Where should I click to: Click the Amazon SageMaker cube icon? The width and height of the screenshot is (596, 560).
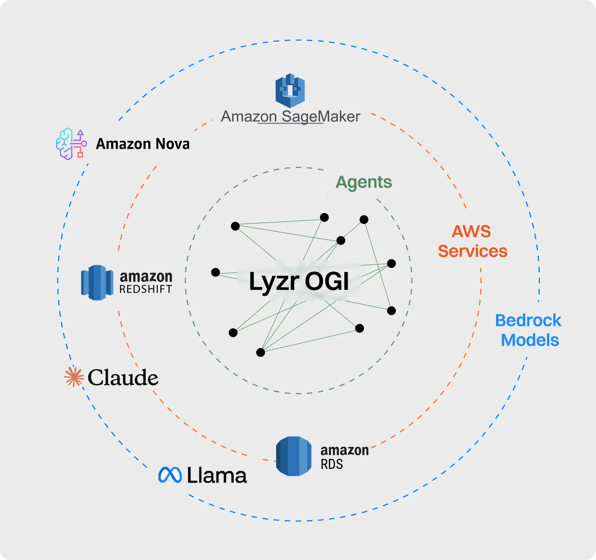coord(290,90)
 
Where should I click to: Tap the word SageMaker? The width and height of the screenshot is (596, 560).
coord(321,117)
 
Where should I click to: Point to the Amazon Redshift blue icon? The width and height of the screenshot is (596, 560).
coord(97,282)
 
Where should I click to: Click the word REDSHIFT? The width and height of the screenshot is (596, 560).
coord(146,289)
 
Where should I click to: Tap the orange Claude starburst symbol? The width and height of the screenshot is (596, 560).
coord(74,377)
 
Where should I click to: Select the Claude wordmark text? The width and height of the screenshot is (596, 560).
coord(123,378)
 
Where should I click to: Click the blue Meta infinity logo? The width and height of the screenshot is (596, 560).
coord(170,475)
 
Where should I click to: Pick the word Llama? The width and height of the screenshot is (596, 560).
coord(217,475)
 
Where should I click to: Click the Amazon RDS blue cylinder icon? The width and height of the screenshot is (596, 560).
coord(294,456)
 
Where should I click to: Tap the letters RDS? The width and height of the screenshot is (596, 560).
coord(332,464)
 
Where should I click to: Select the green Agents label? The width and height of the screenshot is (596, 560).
coord(363,182)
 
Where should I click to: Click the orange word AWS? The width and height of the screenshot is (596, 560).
coord(471,231)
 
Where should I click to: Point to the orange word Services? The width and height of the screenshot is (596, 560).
coord(473,251)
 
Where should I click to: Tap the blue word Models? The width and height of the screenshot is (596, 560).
coord(530,340)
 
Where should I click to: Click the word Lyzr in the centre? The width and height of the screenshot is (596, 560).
coord(274,282)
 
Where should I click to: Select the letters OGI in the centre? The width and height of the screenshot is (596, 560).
coord(327,281)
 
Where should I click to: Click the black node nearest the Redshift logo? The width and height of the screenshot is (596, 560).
coord(216,272)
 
